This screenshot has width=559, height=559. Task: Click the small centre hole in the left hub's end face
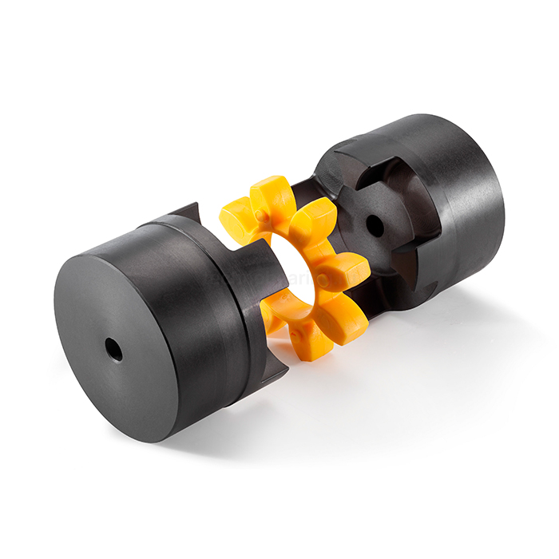pos(114,349)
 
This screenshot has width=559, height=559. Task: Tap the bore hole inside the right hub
pos(374,226)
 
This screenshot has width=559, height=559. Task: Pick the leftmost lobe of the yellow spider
pos(237,226)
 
